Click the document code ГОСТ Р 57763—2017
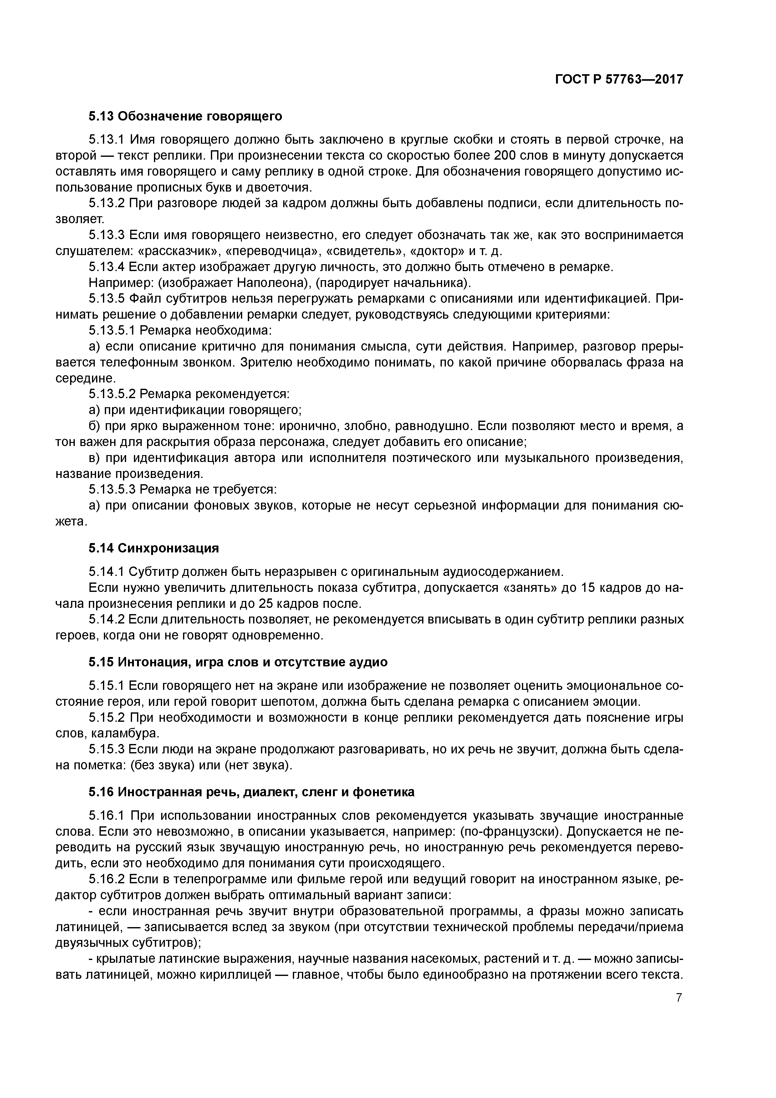tap(619, 80)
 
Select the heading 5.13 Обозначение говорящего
tap(186, 116)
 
